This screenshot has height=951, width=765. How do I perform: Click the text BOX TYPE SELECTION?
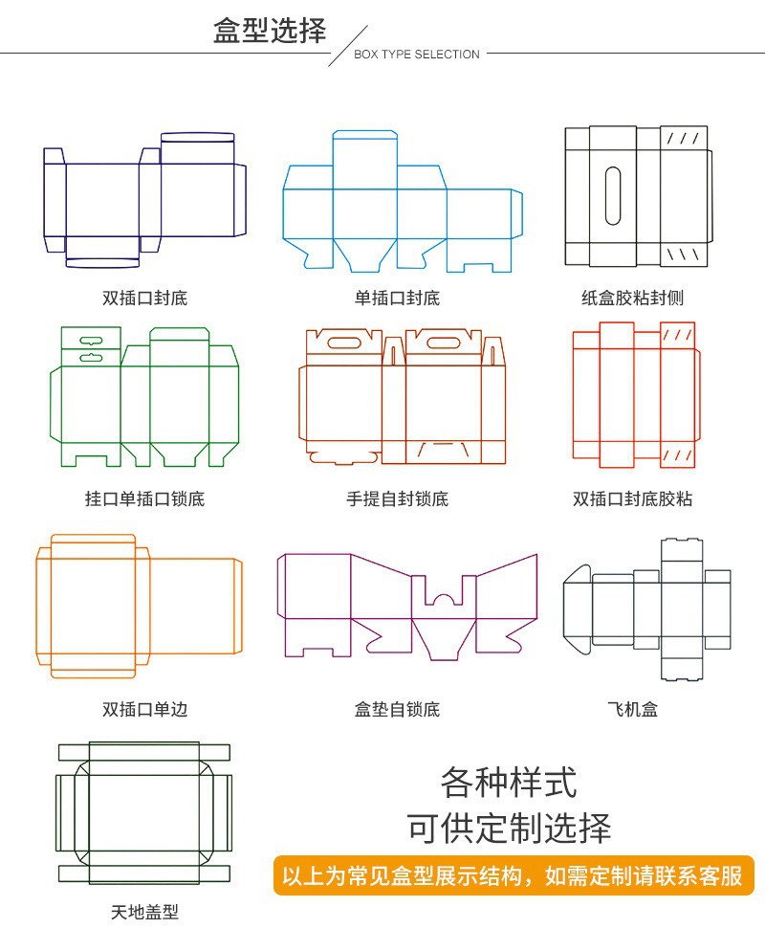(x=416, y=55)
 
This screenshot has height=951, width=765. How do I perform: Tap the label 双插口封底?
(x=144, y=299)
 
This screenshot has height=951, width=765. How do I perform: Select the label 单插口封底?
(x=397, y=299)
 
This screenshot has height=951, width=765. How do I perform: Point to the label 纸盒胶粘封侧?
(x=632, y=299)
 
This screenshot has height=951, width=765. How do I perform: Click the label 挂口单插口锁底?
(x=144, y=499)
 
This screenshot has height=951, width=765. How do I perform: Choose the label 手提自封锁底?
(x=397, y=499)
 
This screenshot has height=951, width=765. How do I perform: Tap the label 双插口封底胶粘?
(x=632, y=499)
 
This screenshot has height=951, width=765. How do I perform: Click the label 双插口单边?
(x=144, y=710)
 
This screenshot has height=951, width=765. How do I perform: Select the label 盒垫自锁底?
(x=397, y=710)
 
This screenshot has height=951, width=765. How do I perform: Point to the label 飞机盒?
(x=632, y=710)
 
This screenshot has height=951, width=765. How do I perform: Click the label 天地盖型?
(x=144, y=913)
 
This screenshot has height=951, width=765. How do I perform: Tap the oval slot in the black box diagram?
(x=613, y=196)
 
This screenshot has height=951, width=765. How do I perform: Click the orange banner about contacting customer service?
(x=513, y=875)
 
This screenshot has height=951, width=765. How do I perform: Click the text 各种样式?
(x=509, y=783)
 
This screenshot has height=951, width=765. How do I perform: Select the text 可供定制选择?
(x=509, y=828)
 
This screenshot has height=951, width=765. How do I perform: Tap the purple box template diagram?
(x=407, y=606)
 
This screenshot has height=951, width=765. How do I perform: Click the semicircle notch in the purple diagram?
(x=443, y=601)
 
